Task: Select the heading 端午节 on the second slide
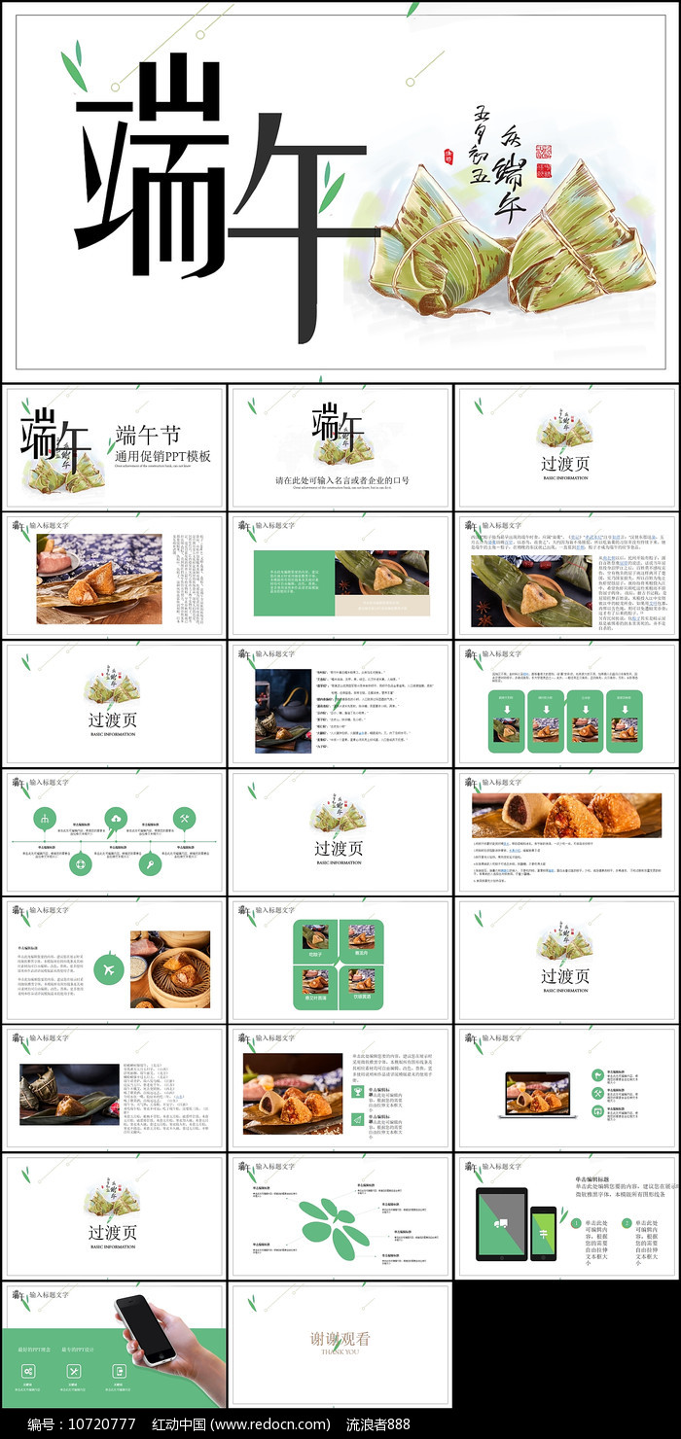click(148, 435)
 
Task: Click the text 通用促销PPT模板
click(162, 456)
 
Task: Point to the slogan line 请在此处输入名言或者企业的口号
click(341, 480)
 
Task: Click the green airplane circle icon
click(108, 969)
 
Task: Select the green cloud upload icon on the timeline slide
click(116, 818)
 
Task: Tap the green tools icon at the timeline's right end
click(184, 818)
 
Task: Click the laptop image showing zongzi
click(538, 1094)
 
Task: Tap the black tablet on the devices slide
click(501, 1223)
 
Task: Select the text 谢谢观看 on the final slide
click(340, 1338)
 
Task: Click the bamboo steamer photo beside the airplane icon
click(170, 968)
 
